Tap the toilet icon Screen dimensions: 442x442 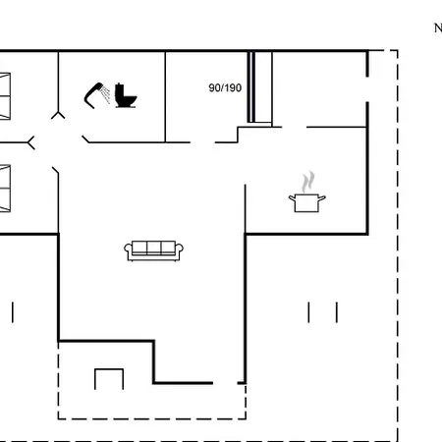coord(126,95)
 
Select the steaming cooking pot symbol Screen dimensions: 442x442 coord(307,192)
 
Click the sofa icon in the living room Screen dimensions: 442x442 coord(153,250)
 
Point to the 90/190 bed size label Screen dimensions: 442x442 coord(225,87)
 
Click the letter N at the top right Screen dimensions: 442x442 coord(438,28)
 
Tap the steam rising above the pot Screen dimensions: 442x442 coord(307,182)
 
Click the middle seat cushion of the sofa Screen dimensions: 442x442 coord(154,248)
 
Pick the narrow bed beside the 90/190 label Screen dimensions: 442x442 coord(259,87)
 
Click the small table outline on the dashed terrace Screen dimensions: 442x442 coord(109,370)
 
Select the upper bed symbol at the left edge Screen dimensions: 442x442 coord(5,96)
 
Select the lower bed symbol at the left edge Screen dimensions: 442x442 coord(5,189)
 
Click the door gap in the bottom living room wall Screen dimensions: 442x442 coord(225,383)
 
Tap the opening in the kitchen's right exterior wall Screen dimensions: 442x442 coord(367,89)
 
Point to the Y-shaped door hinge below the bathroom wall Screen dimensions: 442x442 coord(58,115)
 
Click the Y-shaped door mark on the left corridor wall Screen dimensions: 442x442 coord(30,142)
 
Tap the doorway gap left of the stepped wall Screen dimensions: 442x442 coord(202,142)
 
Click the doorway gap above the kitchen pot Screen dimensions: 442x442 coord(295,127)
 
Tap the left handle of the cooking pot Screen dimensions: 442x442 coord(292,197)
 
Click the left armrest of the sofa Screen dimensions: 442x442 coord(128,249)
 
